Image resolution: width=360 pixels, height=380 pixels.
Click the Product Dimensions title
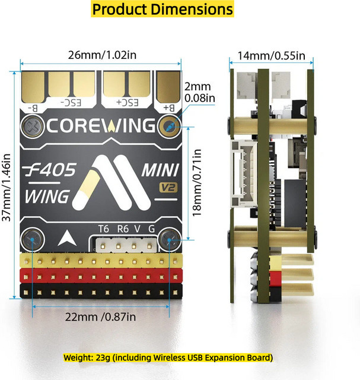[x=163, y=9]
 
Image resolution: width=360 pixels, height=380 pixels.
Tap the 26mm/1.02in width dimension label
[x=102, y=55]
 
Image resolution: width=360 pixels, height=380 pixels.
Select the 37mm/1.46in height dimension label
[x=7, y=188]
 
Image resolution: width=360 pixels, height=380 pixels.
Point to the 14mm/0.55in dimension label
[x=271, y=56]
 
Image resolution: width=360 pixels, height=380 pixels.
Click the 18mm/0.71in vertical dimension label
[x=196, y=182]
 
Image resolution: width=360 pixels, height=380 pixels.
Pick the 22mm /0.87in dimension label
[x=100, y=316]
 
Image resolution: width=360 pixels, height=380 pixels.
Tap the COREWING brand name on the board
[x=101, y=125]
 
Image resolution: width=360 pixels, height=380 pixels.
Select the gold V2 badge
[x=168, y=188]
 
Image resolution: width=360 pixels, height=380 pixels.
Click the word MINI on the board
[x=160, y=170]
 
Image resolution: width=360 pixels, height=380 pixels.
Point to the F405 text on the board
[x=51, y=169]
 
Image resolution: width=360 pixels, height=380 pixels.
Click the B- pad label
[x=33, y=108]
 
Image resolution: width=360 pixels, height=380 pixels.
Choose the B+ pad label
[x=169, y=107]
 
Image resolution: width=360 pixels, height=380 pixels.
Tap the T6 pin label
[x=104, y=229]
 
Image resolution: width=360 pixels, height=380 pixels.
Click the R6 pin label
[x=123, y=229]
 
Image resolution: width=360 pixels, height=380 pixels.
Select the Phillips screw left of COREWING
[x=33, y=126]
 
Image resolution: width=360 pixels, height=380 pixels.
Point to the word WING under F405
[x=47, y=197]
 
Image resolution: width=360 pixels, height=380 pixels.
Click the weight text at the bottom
[x=168, y=357]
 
